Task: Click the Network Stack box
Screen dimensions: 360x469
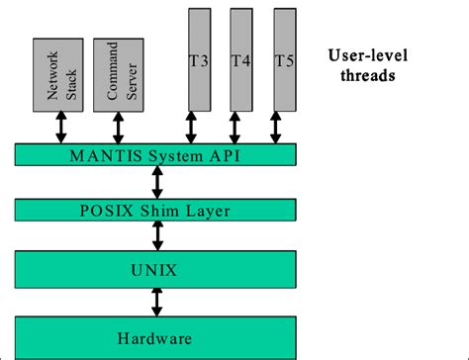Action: click(60, 75)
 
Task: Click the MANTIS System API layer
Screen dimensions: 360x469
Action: click(155, 155)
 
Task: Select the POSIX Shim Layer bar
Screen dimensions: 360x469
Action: click(155, 209)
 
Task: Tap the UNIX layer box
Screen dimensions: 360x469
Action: click(155, 267)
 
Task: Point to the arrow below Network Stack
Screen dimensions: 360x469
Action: click(60, 127)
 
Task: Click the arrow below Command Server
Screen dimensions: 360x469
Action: click(118, 127)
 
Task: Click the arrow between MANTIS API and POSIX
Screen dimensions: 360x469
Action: click(155, 182)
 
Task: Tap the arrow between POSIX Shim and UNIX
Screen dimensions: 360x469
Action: click(155, 235)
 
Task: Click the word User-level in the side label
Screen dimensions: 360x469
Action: click(365, 56)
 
